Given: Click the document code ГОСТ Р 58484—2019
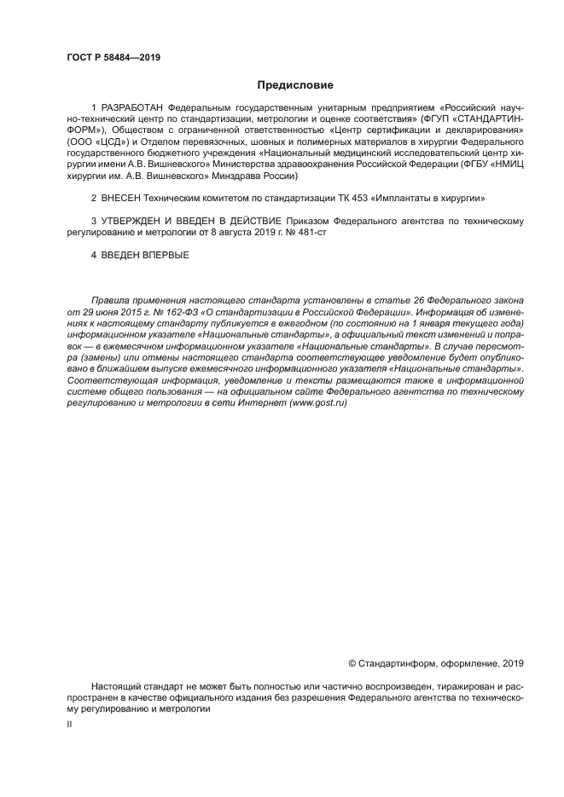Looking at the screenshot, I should point(113,58).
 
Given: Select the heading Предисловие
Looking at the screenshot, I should point(295,84).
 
